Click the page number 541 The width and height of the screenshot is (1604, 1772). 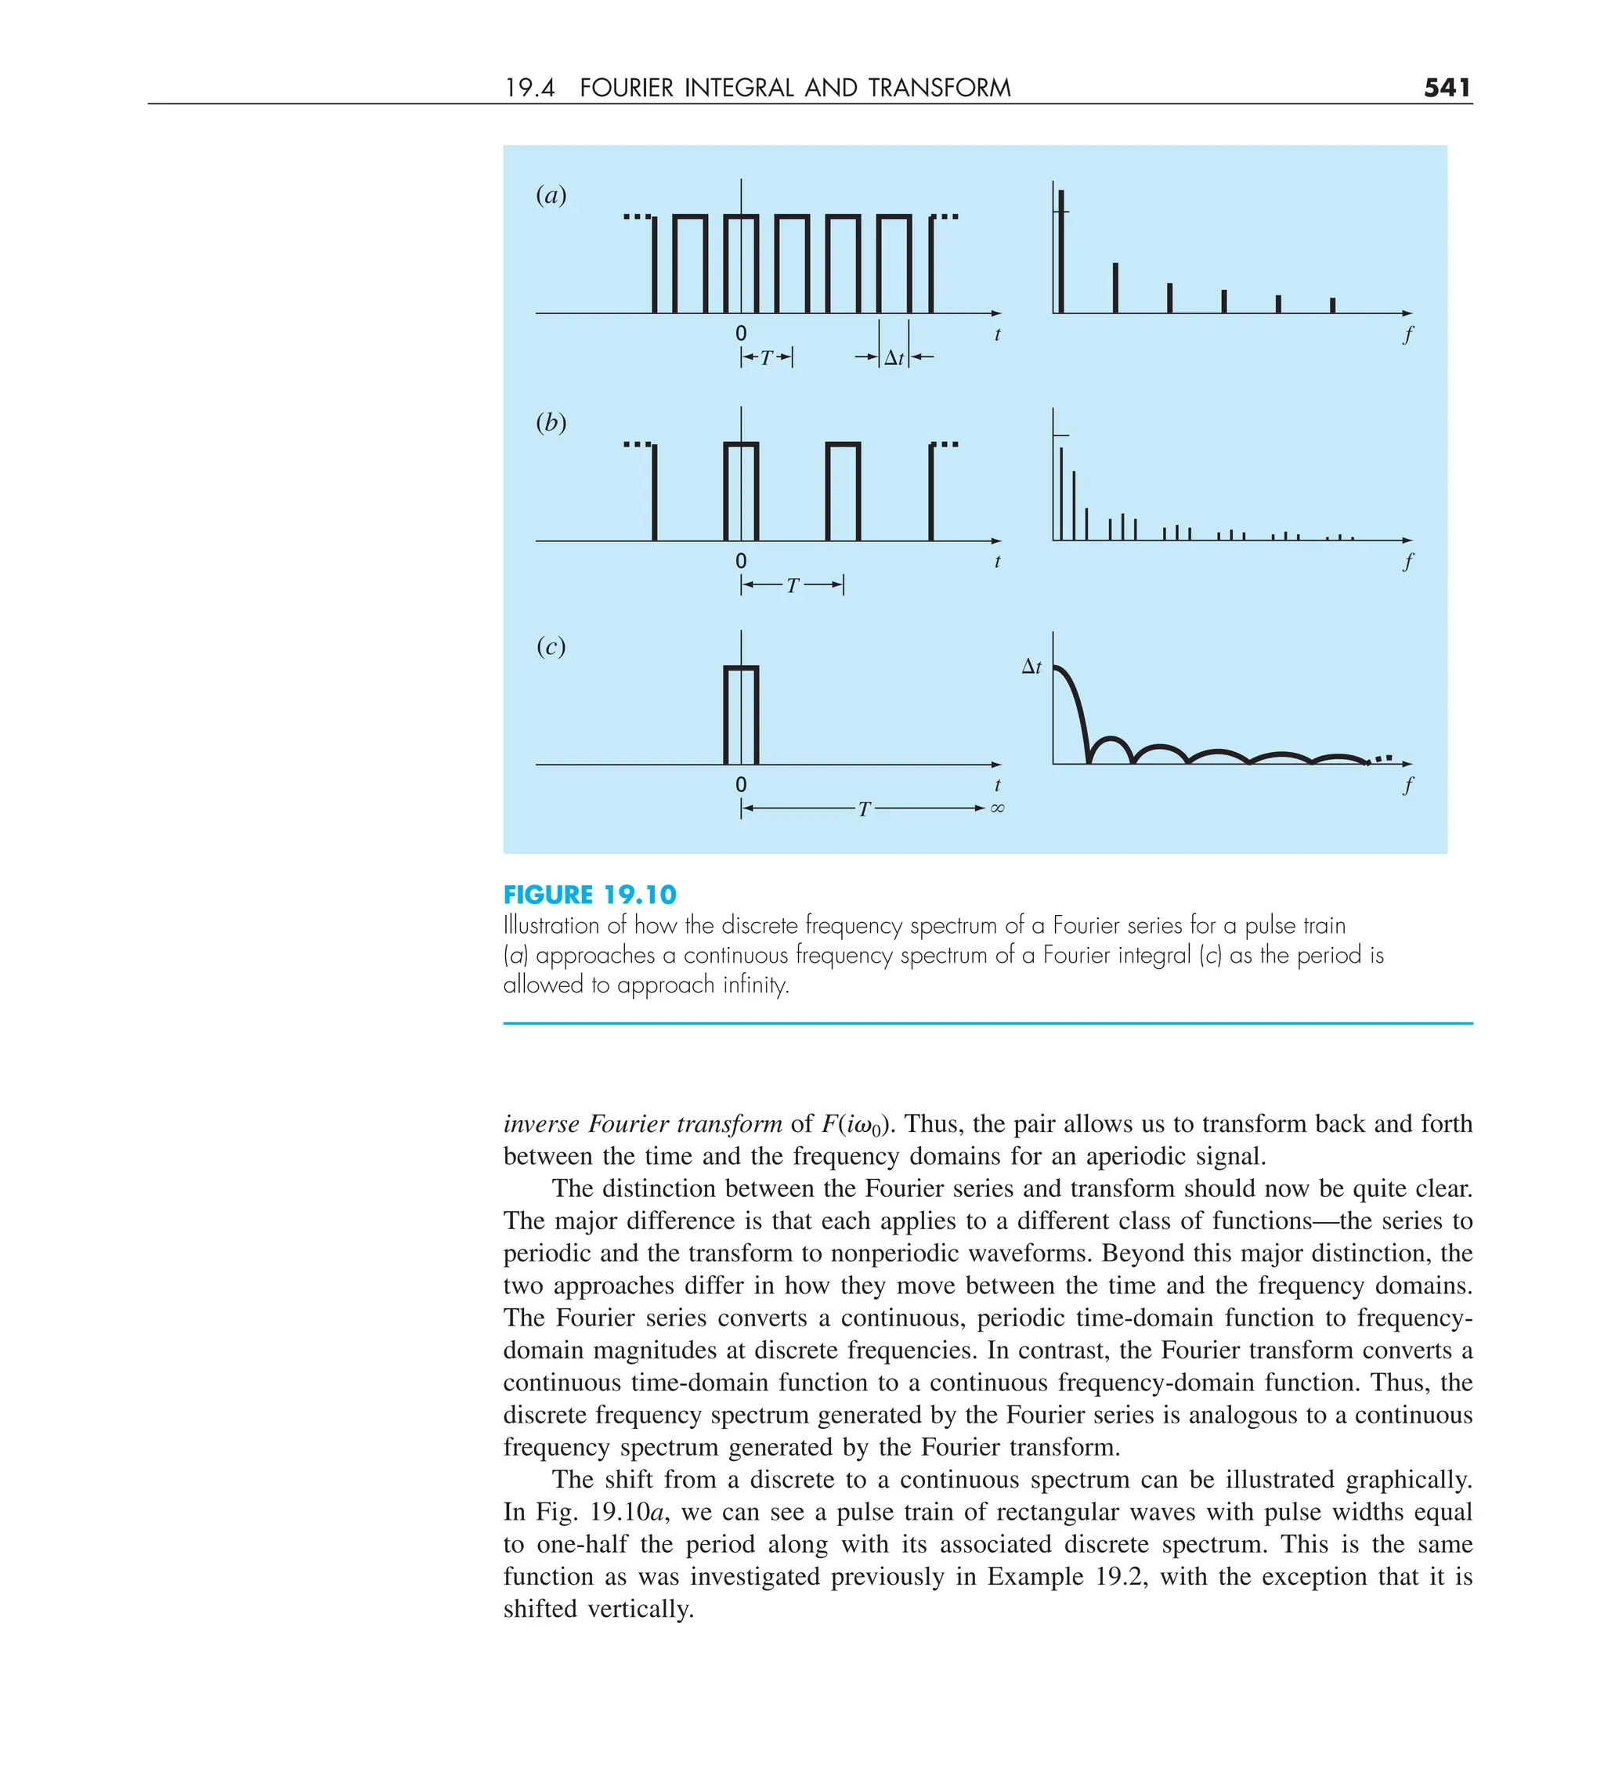point(1446,87)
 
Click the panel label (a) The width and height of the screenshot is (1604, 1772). point(551,194)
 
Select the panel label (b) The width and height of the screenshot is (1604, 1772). point(551,422)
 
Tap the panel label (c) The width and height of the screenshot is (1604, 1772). point(551,646)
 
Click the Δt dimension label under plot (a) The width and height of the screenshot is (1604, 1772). point(894,358)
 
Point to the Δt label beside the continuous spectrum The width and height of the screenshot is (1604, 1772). point(1031,667)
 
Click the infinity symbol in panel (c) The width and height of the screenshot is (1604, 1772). point(997,808)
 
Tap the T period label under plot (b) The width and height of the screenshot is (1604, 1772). point(792,585)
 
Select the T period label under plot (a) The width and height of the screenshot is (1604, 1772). point(767,358)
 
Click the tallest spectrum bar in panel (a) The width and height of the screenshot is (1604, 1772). point(1060,251)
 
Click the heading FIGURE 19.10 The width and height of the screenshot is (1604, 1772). point(590,895)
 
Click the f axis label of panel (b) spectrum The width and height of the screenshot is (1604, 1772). point(1407,561)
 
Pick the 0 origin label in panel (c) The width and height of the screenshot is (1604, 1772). point(741,784)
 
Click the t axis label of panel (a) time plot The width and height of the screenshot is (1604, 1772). point(997,334)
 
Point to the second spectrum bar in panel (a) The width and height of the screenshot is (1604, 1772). point(1115,287)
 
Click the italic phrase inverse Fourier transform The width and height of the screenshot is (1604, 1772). point(641,1123)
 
